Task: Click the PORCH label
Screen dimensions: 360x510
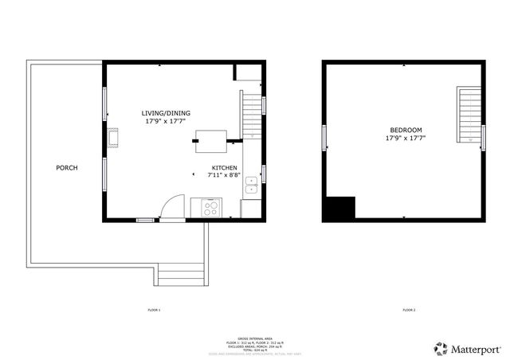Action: [66, 168]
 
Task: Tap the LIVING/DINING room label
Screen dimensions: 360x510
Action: [166, 113]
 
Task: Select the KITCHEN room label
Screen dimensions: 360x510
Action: [224, 168]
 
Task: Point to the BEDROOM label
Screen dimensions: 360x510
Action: [406, 130]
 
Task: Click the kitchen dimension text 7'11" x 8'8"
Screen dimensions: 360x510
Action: [224, 175]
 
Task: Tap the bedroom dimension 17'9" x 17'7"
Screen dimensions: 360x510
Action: [406, 138]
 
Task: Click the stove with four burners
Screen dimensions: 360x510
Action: [212, 209]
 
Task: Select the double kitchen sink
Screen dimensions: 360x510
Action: [251, 186]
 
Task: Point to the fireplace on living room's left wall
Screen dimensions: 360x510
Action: [114, 137]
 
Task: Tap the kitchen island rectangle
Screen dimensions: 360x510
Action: [212, 141]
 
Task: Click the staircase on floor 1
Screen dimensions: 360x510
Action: [252, 115]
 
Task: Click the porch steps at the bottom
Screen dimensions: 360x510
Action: [182, 275]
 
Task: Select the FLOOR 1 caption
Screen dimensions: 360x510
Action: [155, 309]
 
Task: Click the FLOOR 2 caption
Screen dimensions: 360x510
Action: [409, 309]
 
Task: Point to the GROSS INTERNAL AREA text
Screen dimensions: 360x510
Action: [255, 339]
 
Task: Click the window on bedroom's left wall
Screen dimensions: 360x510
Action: [324, 137]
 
